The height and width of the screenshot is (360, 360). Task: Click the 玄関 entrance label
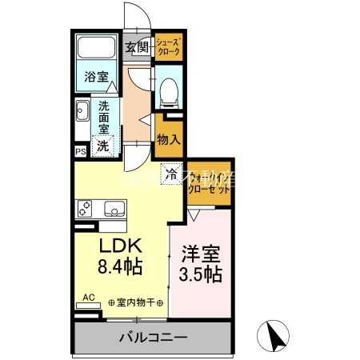(137, 48)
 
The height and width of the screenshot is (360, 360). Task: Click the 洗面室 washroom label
(105, 116)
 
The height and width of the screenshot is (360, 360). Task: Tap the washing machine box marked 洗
(104, 146)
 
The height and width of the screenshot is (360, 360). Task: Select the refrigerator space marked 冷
(171, 171)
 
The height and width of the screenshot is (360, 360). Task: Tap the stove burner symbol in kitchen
(86, 208)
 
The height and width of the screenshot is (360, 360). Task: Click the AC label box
(89, 298)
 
